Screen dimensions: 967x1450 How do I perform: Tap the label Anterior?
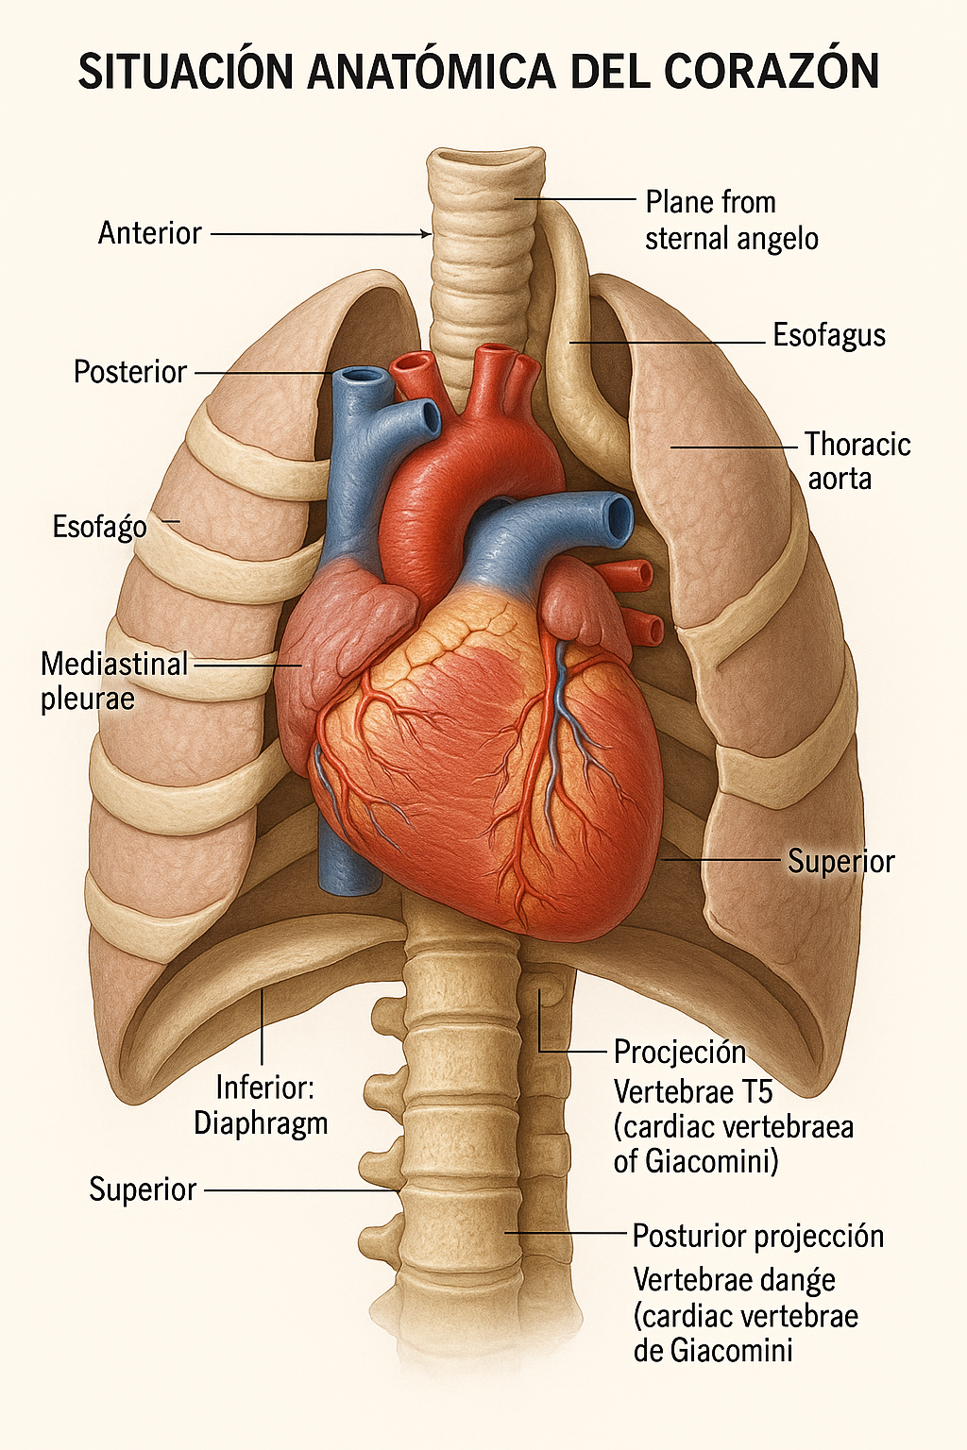pyautogui.click(x=149, y=233)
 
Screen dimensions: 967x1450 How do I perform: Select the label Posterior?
pyautogui.click(x=130, y=372)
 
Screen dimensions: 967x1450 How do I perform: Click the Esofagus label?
pyautogui.click(x=829, y=336)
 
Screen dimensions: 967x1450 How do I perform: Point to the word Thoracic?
pyautogui.click(x=857, y=444)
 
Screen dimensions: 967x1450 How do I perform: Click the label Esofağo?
pyautogui.click(x=100, y=527)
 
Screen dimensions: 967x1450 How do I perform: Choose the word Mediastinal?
pyautogui.click(x=114, y=665)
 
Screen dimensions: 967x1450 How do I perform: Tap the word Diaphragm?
pyautogui.click(x=261, y=1123)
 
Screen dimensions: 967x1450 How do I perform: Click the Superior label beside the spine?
pyautogui.click(x=143, y=1189)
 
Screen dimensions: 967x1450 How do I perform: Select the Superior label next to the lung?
pyautogui.click(x=840, y=862)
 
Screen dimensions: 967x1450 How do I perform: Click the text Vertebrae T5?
pyautogui.click(x=693, y=1092)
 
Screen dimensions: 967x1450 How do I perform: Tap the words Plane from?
pyautogui.click(x=710, y=202)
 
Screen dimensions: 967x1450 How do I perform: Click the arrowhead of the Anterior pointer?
pyautogui.click(x=427, y=234)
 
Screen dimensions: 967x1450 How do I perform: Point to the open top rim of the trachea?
pyautogui.click(x=485, y=157)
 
